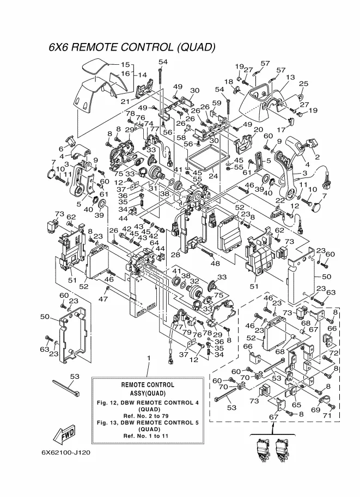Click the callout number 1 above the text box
(x=148, y=357)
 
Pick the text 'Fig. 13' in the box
(x=108, y=422)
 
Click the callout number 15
(x=125, y=64)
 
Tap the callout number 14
(x=142, y=75)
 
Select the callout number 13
(x=290, y=78)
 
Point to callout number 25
(x=303, y=84)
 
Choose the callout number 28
(x=175, y=255)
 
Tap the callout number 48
(x=216, y=263)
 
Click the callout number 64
(x=154, y=243)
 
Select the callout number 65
(x=296, y=404)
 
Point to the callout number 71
(x=328, y=415)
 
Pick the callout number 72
(x=334, y=353)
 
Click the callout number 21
(x=125, y=102)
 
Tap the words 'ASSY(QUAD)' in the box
(x=148, y=393)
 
